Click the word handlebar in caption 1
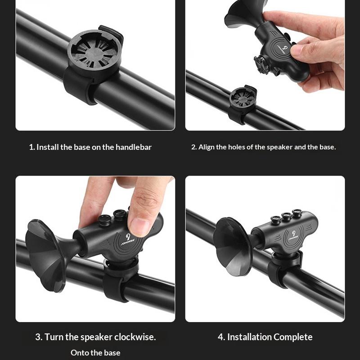tap(134, 147)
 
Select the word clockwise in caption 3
tap(135, 337)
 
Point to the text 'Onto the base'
tap(95, 353)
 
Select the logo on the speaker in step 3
tap(131, 237)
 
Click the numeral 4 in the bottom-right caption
tap(221, 337)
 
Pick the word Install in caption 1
tap(48, 147)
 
